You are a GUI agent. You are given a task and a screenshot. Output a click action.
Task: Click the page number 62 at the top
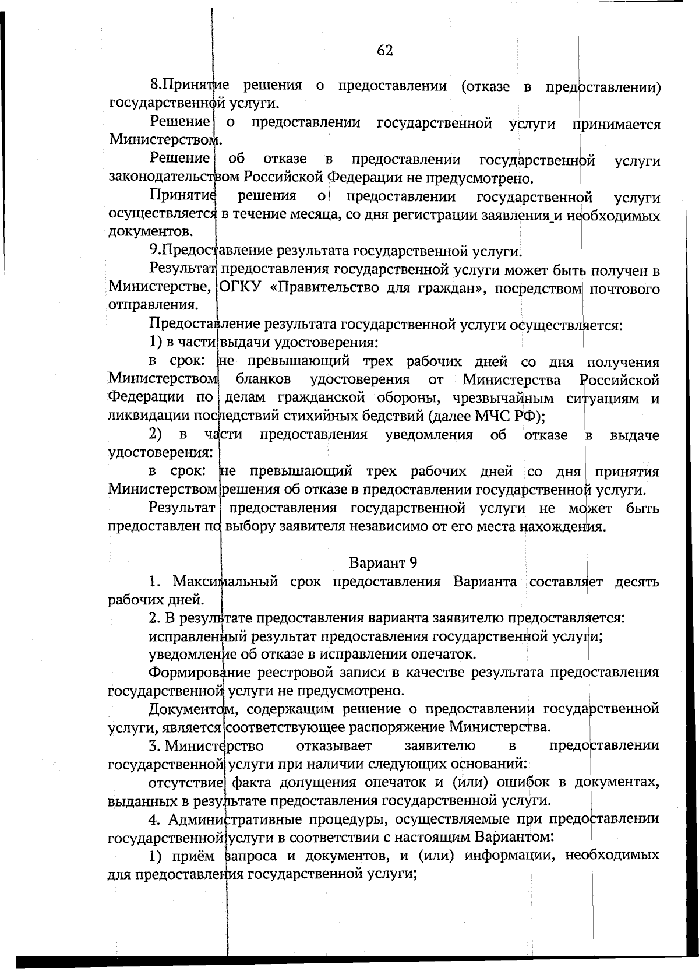pyautogui.click(x=385, y=51)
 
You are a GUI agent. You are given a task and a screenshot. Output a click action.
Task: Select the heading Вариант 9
pyautogui.click(x=383, y=563)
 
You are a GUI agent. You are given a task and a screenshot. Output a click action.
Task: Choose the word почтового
pyautogui.click(x=624, y=289)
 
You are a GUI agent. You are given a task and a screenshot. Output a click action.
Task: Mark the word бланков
pyautogui.click(x=263, y=381)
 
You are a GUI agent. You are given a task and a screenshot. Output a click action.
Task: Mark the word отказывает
pyautogui.click(x=334, y=745)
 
